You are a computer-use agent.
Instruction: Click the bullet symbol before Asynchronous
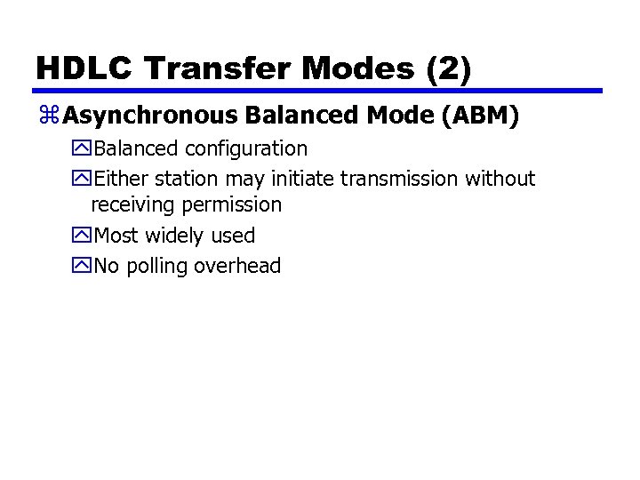[x=49, y=116]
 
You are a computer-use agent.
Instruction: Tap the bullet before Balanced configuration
[x=83, y=148]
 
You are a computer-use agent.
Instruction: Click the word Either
[x=116, y=179]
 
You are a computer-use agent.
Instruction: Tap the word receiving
[x=133, y=205]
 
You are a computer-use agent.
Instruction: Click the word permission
[x=231, y=205]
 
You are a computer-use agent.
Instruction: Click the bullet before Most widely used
[x=83, y=236]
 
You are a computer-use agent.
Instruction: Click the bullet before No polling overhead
[x=83, y=266]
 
